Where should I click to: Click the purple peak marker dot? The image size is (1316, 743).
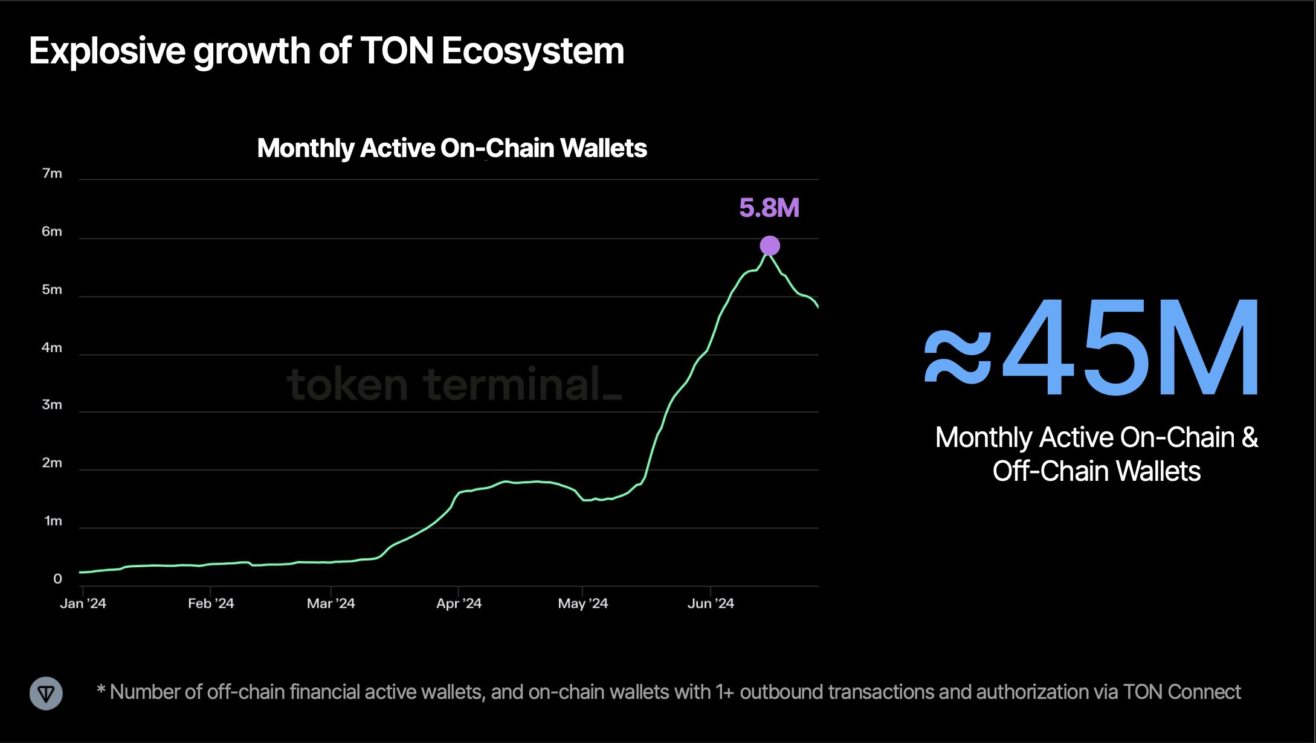(770, 246)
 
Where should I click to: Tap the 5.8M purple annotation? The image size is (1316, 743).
(769, 208)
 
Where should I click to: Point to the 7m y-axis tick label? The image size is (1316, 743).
(52, 174)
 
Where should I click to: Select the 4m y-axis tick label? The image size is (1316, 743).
(52, 348)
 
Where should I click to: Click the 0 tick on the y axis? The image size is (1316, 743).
(57, 579)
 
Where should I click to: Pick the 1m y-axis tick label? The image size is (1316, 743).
(53, 521)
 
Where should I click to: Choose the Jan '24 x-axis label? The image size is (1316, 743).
(83, 603)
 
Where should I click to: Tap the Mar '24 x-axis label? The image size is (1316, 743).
(331, 603)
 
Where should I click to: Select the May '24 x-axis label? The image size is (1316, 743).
(583, 603)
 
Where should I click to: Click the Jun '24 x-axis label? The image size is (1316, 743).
(711, 603)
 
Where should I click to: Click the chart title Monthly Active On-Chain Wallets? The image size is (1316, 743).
(452, 149)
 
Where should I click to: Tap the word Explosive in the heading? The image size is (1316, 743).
(107, 51)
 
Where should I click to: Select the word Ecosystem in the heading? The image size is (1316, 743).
(533, 51)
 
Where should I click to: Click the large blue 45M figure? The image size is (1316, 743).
(1130, 349)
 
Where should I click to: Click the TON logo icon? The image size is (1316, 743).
(46, 693)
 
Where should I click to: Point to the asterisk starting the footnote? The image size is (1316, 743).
(101, 690)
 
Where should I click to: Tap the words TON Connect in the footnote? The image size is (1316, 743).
(1182, 692)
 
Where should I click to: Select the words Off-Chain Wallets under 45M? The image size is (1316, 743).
(1096, 472)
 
